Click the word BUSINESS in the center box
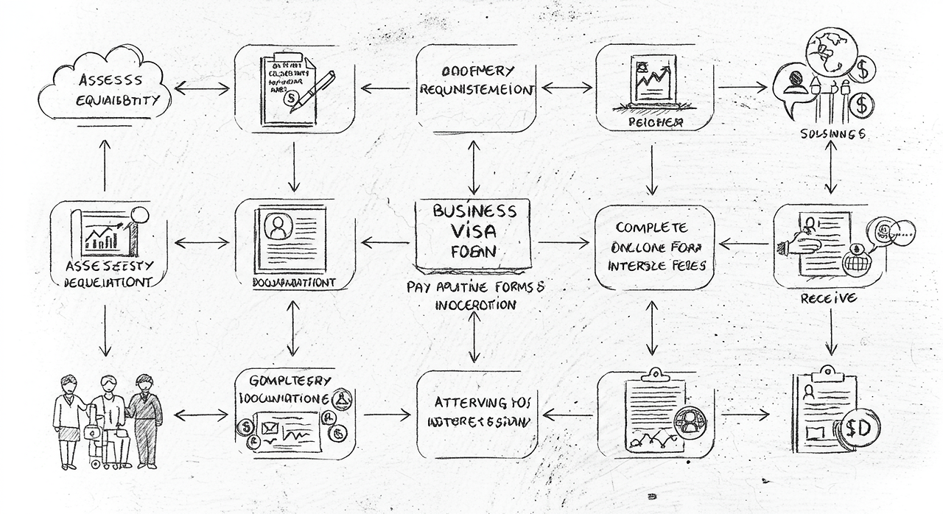click(x=474, y=211)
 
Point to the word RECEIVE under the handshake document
click(x=828, y=298)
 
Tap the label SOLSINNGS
click(x=832, y=134)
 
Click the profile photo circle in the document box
click(x=278, y=227)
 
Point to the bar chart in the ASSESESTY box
click(x=103, y=236)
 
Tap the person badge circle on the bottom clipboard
click(x=690, y=423)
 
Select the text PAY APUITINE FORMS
click(x=475, y=288)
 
